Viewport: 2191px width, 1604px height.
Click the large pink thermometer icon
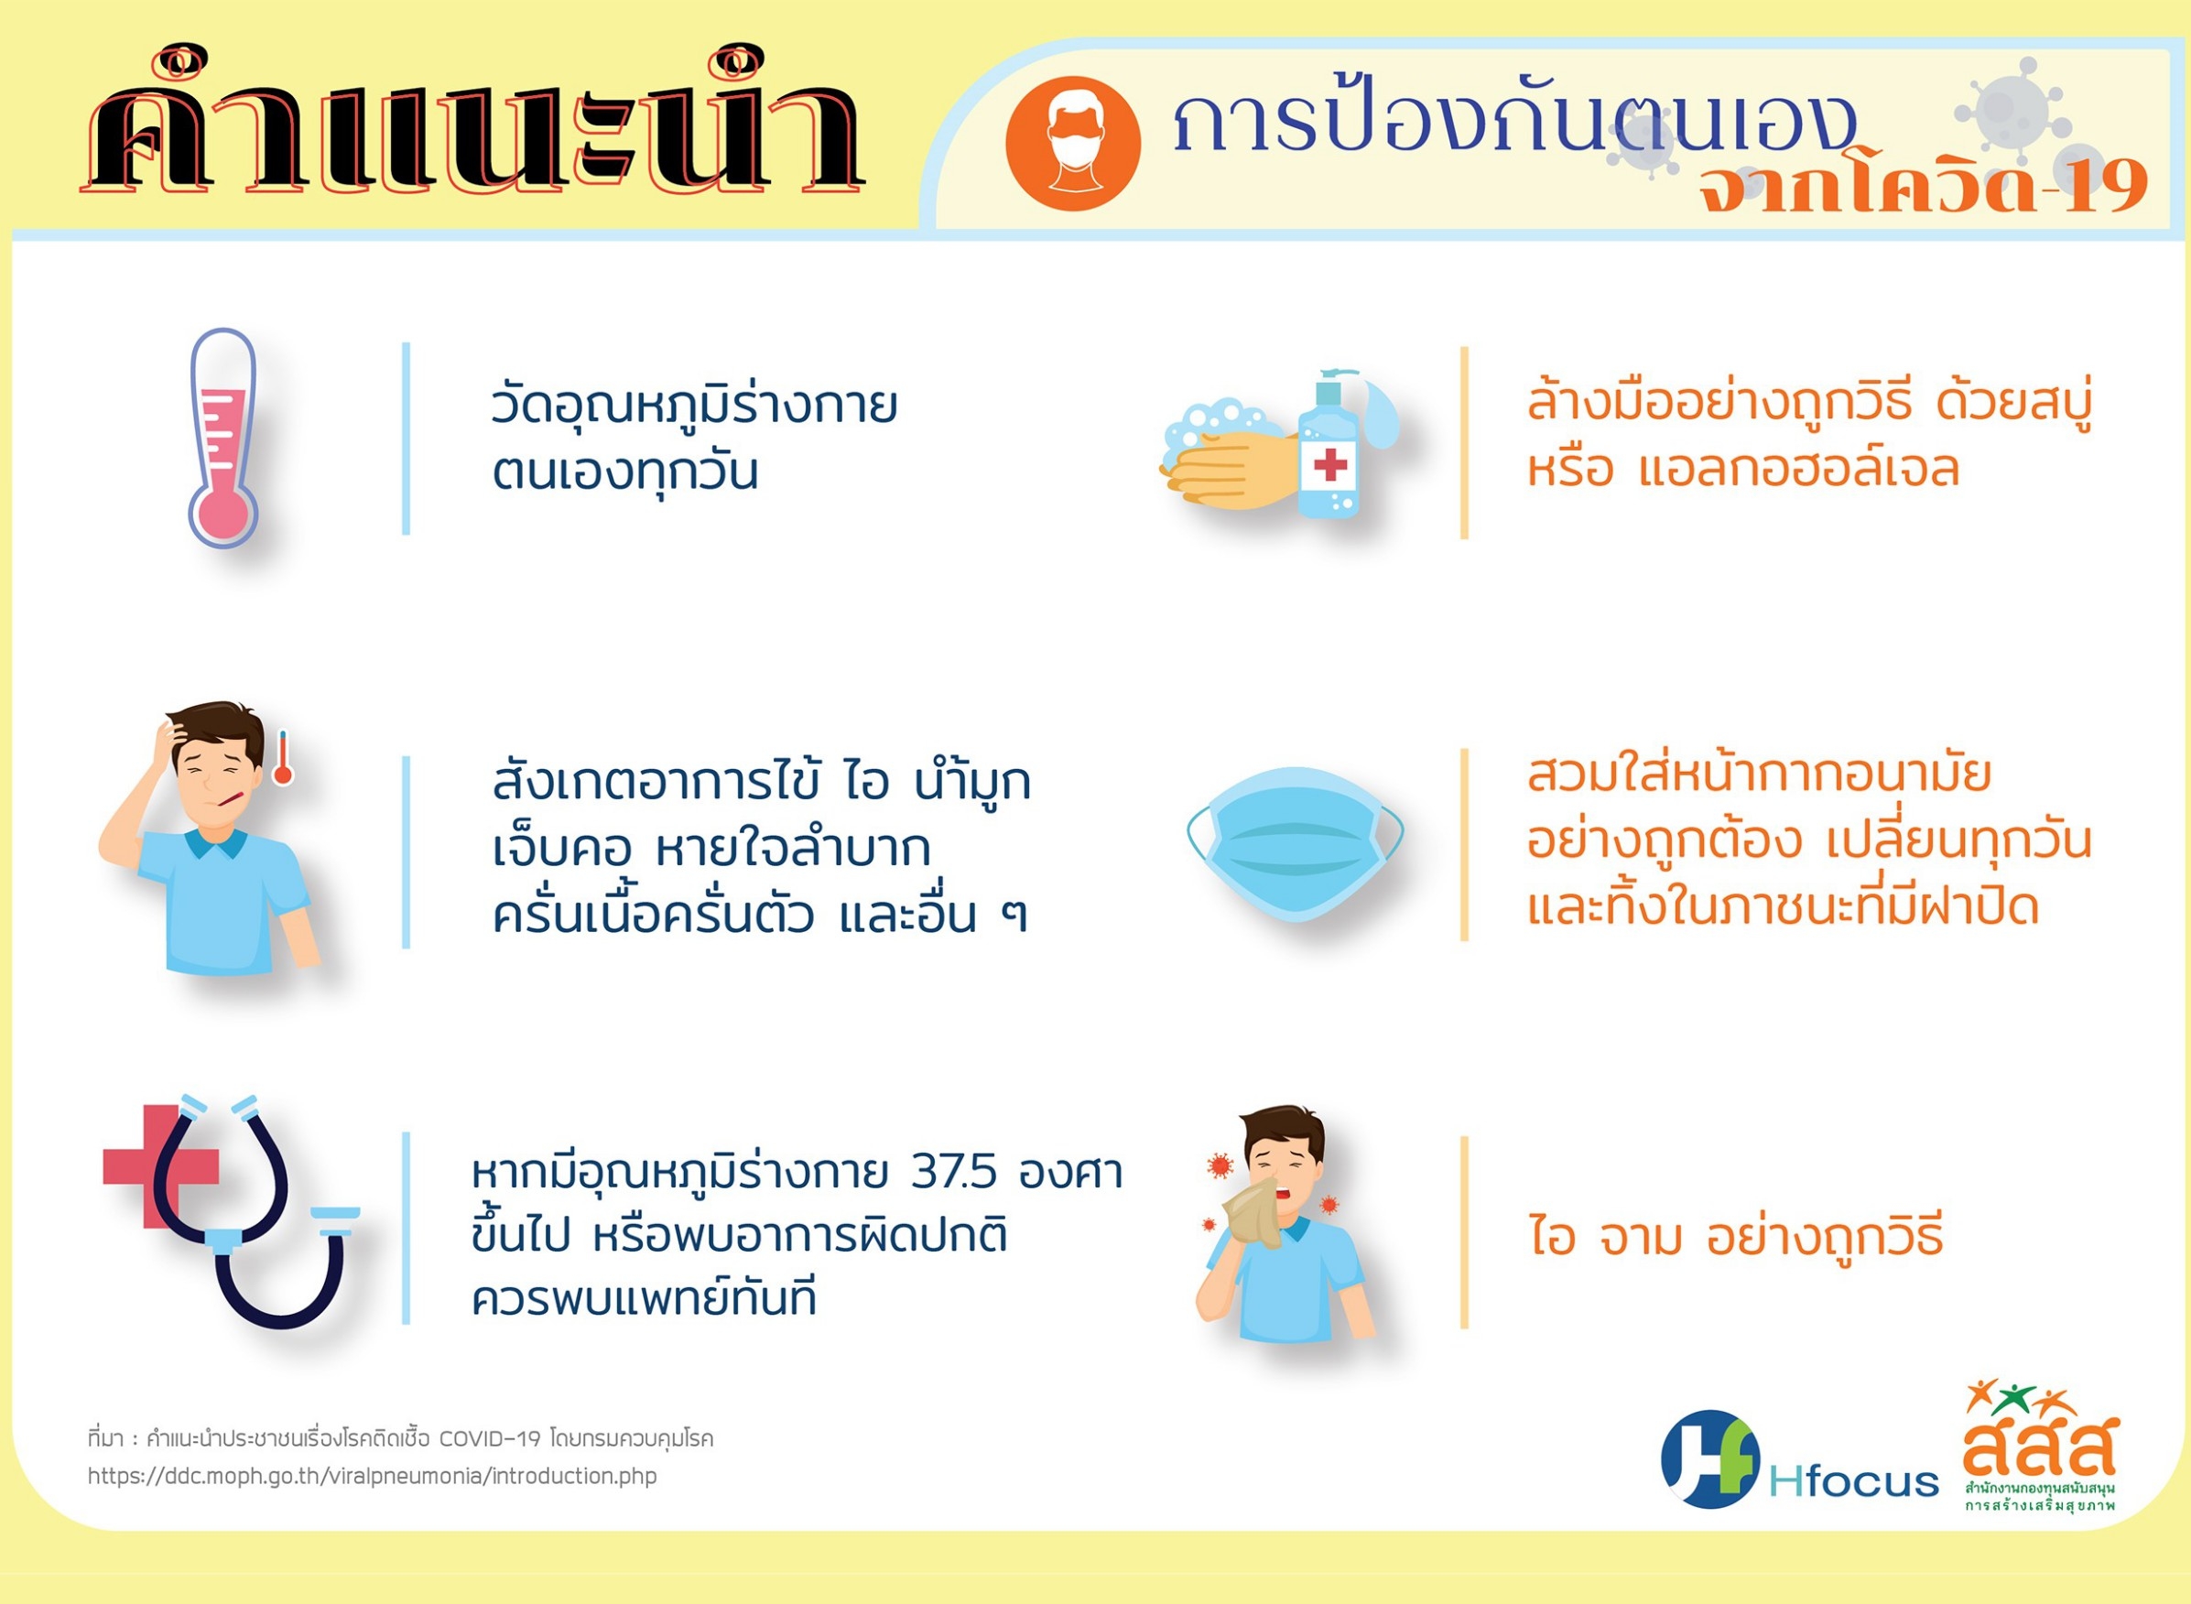coord(223,439)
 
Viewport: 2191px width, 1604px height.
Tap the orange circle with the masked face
coord(1073,144)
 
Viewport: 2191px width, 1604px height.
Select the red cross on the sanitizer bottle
coord(1330,464)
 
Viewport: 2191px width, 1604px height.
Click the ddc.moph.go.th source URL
coord(372,1477)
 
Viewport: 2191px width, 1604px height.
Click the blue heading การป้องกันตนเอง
coord(1514,125)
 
